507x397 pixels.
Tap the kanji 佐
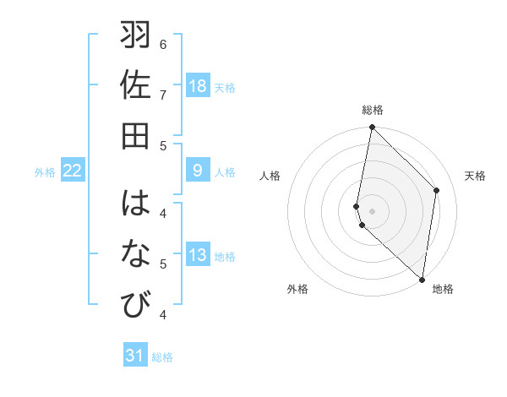(x=136, y=84)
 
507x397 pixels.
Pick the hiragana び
(x=136, y=302)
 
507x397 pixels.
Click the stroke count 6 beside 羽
(x=163, y=44)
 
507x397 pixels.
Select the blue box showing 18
(x=198, y=86)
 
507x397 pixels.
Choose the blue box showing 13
(x=198, y=256)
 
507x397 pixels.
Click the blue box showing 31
(x=135, y=356)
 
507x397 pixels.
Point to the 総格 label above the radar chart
(x=373, y=110)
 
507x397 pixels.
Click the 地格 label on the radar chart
(x=443, y=290)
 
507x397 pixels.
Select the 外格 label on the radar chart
(x=297, y=290)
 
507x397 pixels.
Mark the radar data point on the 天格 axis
(x=437, y=190)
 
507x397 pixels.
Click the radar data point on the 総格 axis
(x=372, y=128)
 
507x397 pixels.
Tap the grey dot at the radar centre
(x=372, y=210)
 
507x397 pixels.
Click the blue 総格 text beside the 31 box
(x=162, y=357)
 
